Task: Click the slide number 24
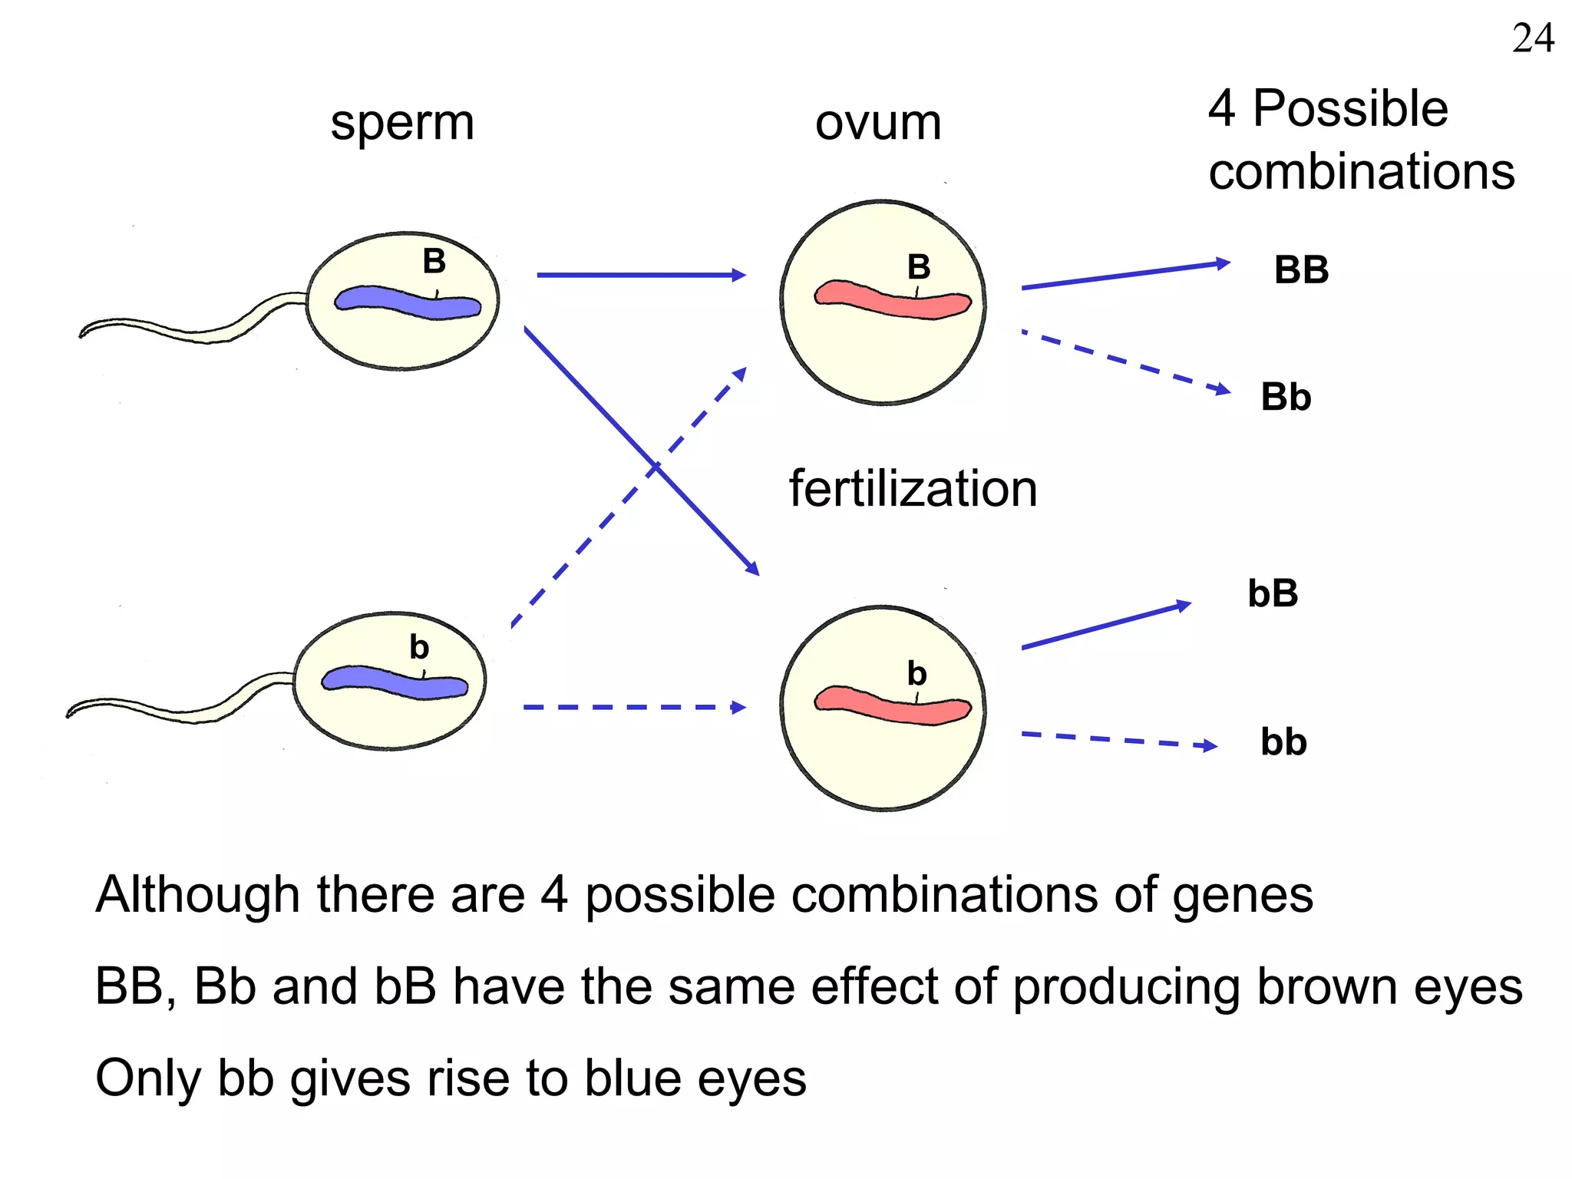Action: pyautogui.click(x=1533, y=38)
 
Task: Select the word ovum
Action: pyautogui.click(x=878, y=123)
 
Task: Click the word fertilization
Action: pyautogui.click(x=913, y=489)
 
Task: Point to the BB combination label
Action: pyautogui.click(x=1301, y=270)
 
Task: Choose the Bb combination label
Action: pyautogui.click(x=1286, y=398)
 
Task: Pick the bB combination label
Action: pyautogui.click(x=1273, y=593)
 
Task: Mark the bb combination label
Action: pyautogui.click(x=1283, y=742)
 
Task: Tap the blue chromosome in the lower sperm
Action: pyautogui.click(x=394, y=682)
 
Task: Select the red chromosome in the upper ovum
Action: pyautogui.click(x=892, y=300)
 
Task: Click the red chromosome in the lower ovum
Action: pyautogui.click(x=892, y=705)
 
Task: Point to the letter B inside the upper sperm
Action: pyautogui.click(x=434, y=261)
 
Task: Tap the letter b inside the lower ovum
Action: pyautogui.click(x=916, y=674)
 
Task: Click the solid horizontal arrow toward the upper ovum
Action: pyautogui.click(x=641, y=275)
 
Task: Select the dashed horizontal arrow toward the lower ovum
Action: pyautogui.click(x=633, y=707)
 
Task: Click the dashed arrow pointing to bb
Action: pyautogui.click(x=1118, y=740)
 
